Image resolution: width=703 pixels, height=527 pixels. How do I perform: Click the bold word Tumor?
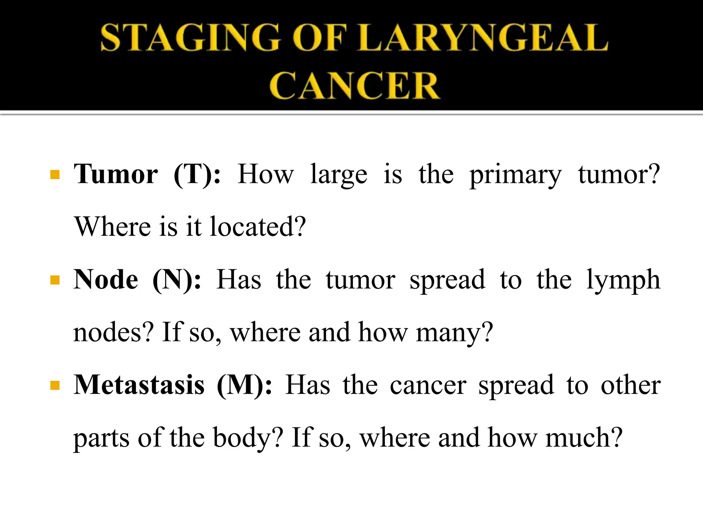(x=116, y=174)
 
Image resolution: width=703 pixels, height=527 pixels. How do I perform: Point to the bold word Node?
(x=106, y=280)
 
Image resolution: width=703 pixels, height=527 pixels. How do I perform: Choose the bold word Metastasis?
(x=139, y=385)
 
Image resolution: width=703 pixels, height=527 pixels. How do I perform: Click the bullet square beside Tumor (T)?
(x=55, y=175)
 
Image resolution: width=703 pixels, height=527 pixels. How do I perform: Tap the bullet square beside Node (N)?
(x=55, y=281)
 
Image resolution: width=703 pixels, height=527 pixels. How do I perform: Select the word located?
(x=257, y=227)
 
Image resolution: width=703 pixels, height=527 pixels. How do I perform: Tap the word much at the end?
(x=584, y=438)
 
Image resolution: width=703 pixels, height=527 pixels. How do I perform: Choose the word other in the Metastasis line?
(x=631, y=385)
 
